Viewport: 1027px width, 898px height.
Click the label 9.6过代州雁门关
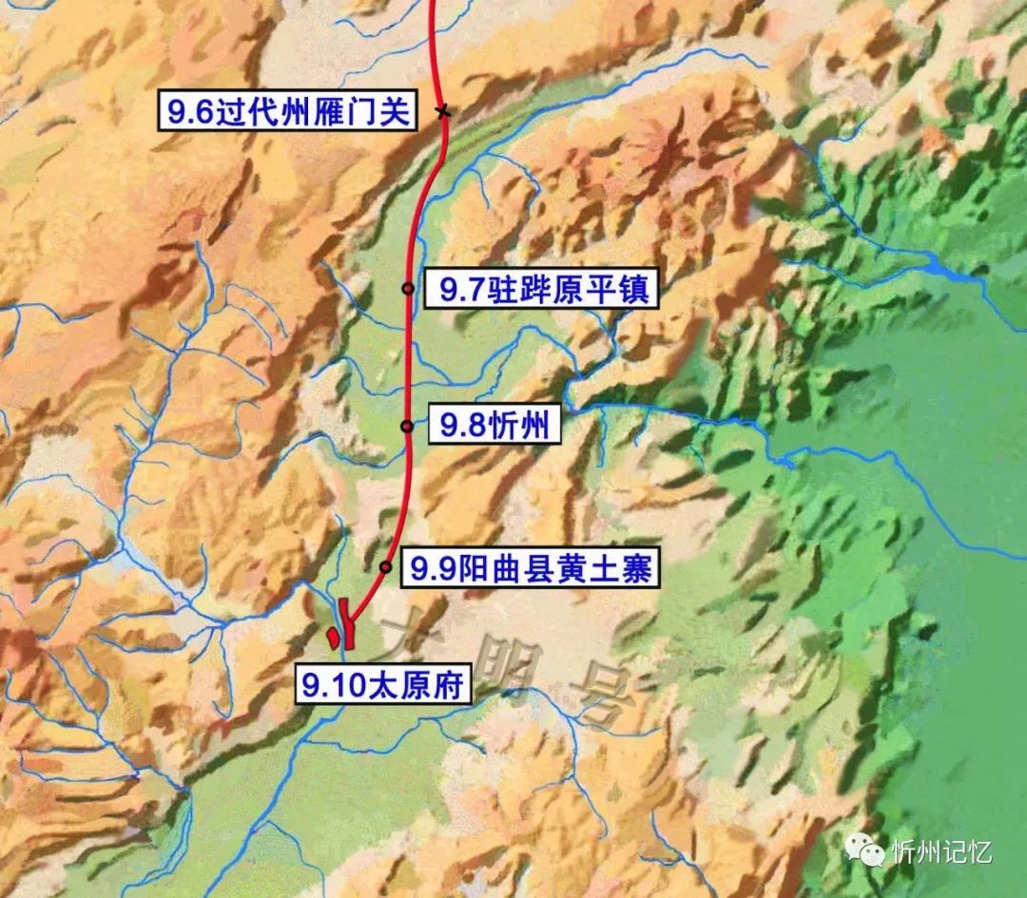288,114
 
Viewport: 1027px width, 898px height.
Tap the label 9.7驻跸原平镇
537,290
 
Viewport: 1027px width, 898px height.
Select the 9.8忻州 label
494,428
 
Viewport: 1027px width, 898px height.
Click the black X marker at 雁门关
442,112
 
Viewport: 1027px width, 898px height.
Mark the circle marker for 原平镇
408,288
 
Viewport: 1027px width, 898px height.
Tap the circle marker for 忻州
407,426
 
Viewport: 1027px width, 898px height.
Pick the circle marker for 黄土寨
386,567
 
